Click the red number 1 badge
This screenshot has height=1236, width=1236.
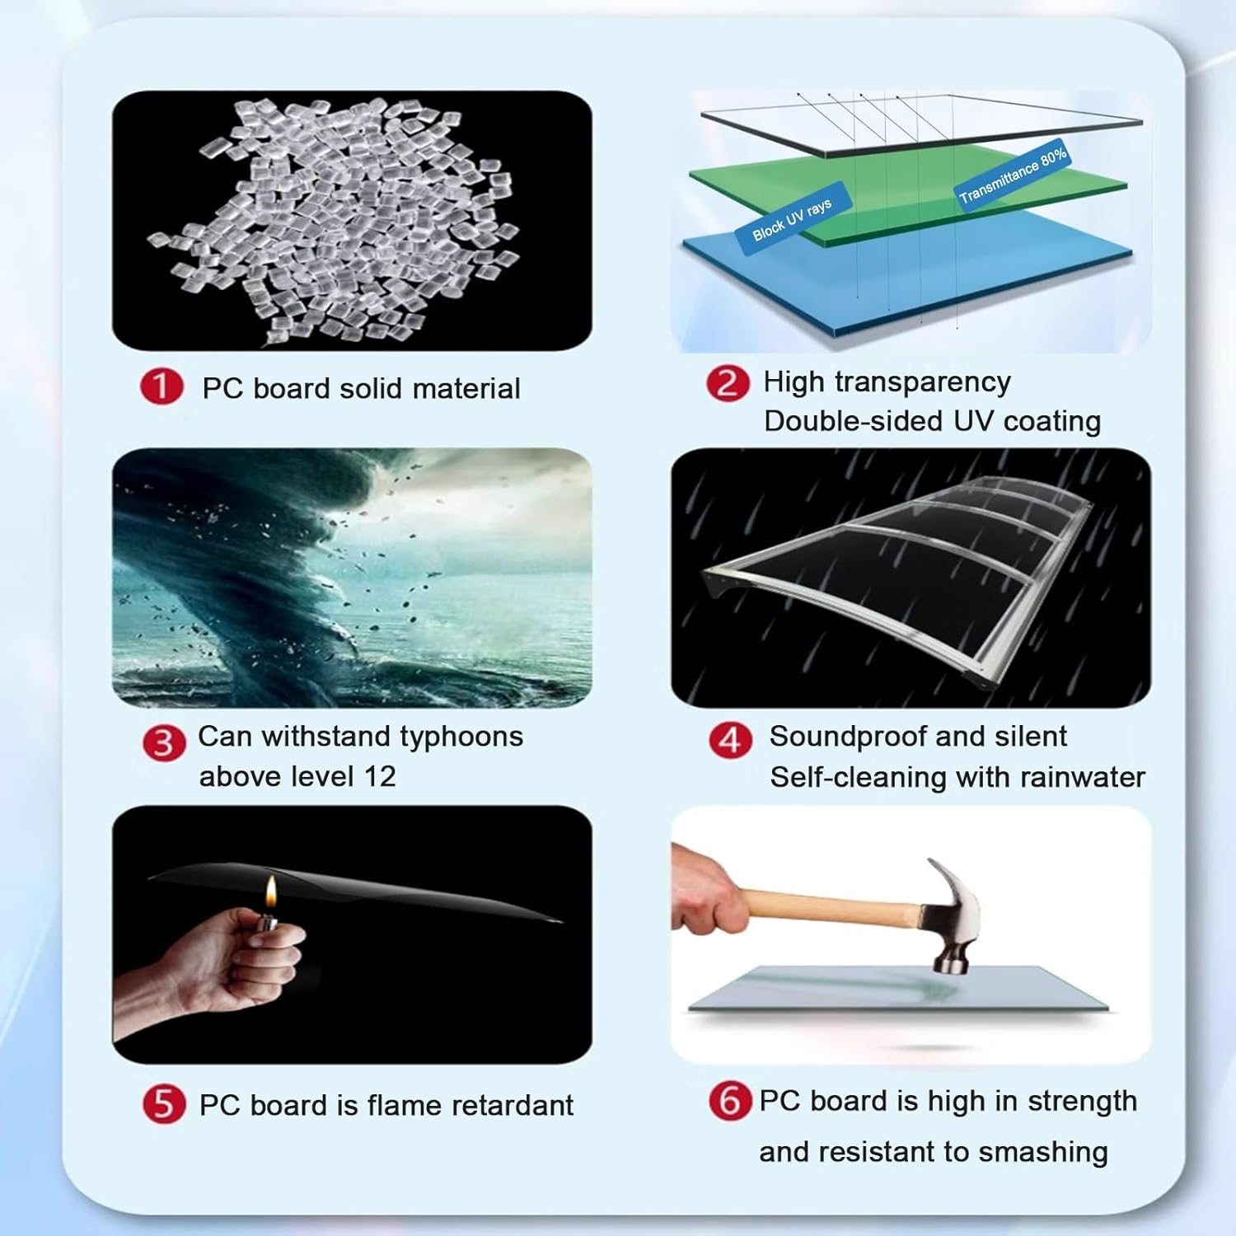pos(162,386)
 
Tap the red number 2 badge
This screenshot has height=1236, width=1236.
pos(728,384)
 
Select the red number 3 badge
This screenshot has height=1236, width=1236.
pos(164,743)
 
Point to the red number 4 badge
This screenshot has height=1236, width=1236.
pos(730,741)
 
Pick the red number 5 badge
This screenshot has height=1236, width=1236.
pos(164,1104)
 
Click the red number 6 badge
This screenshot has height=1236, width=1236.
pos(730,1102)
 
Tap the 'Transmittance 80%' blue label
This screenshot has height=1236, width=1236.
pos(1013,174)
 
